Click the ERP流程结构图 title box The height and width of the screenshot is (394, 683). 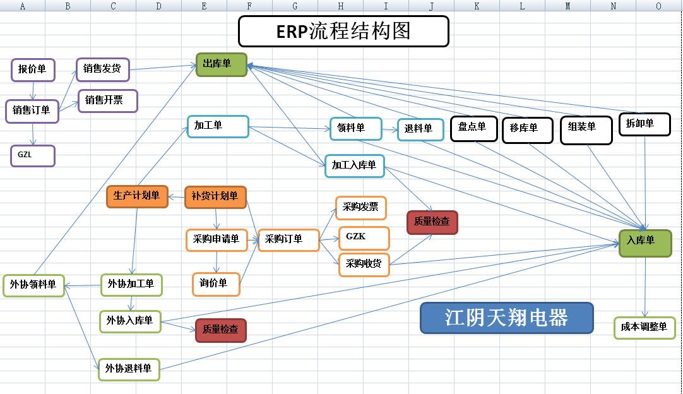pyautogui.click(x=343, y=32)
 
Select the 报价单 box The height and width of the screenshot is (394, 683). pyautogui.click(x=33, y=69)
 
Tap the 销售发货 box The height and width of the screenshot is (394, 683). pyautogui.click(x=102, y=69)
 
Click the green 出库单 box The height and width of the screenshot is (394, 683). pyautogui.click(x=221, y=64)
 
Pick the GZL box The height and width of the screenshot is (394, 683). pyautogui.click(x=32, y=155)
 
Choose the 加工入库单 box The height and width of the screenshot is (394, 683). pyautogui.click(x=354, y=165)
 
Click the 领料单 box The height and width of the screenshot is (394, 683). pyautogui.click(x=355, y=128)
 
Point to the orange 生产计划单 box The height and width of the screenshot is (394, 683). pyautogui.click(x=137, y=196)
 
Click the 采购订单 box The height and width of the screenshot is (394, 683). pyautogui.click(x=288, y=240)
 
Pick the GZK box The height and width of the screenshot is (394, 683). pyautogui.click(x=364, y=238)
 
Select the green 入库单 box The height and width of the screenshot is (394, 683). pyautogui.click(x=644, y=242)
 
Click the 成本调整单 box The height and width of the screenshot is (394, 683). pyautogui.click(x=644, y=328)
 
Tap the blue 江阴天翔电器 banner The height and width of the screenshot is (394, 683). pyautogui.click(x=506, y=318)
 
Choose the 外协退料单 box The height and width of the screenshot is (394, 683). pyautogui.click(x=129, y=369)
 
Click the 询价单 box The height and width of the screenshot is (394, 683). pyautogui.click(x=216, y=284)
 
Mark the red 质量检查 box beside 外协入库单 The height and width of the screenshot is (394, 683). pyautogui.click(x=220, y=330)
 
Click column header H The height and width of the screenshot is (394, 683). pyautogui.click(x=340, y=6)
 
